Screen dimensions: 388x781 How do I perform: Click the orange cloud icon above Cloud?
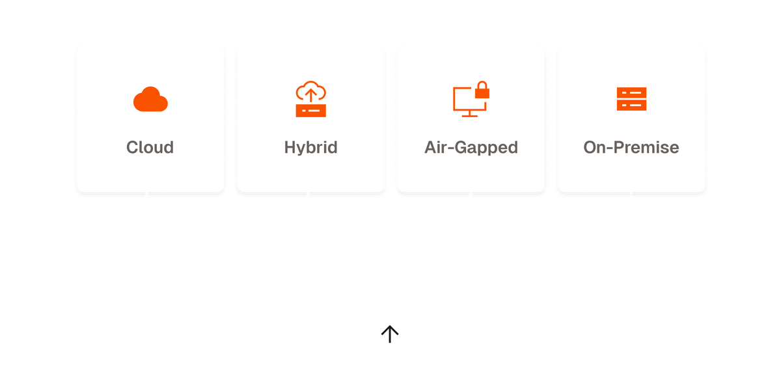point(150,100)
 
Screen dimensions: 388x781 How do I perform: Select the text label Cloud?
point(150,148)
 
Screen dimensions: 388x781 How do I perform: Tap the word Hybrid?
point(310,148)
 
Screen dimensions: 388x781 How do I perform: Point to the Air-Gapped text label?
point(471,148)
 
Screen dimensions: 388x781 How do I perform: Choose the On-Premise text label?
point(631,148)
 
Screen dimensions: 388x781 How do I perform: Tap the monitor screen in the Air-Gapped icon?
point(465,100)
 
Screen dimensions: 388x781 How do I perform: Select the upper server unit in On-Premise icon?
point(631,92)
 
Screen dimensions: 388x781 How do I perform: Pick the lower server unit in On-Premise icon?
point(631,105)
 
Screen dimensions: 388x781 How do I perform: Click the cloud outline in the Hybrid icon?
point(310,90)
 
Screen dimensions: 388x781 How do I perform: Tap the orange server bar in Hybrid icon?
point(310,111)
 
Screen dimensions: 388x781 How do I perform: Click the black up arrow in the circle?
point(389,335)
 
